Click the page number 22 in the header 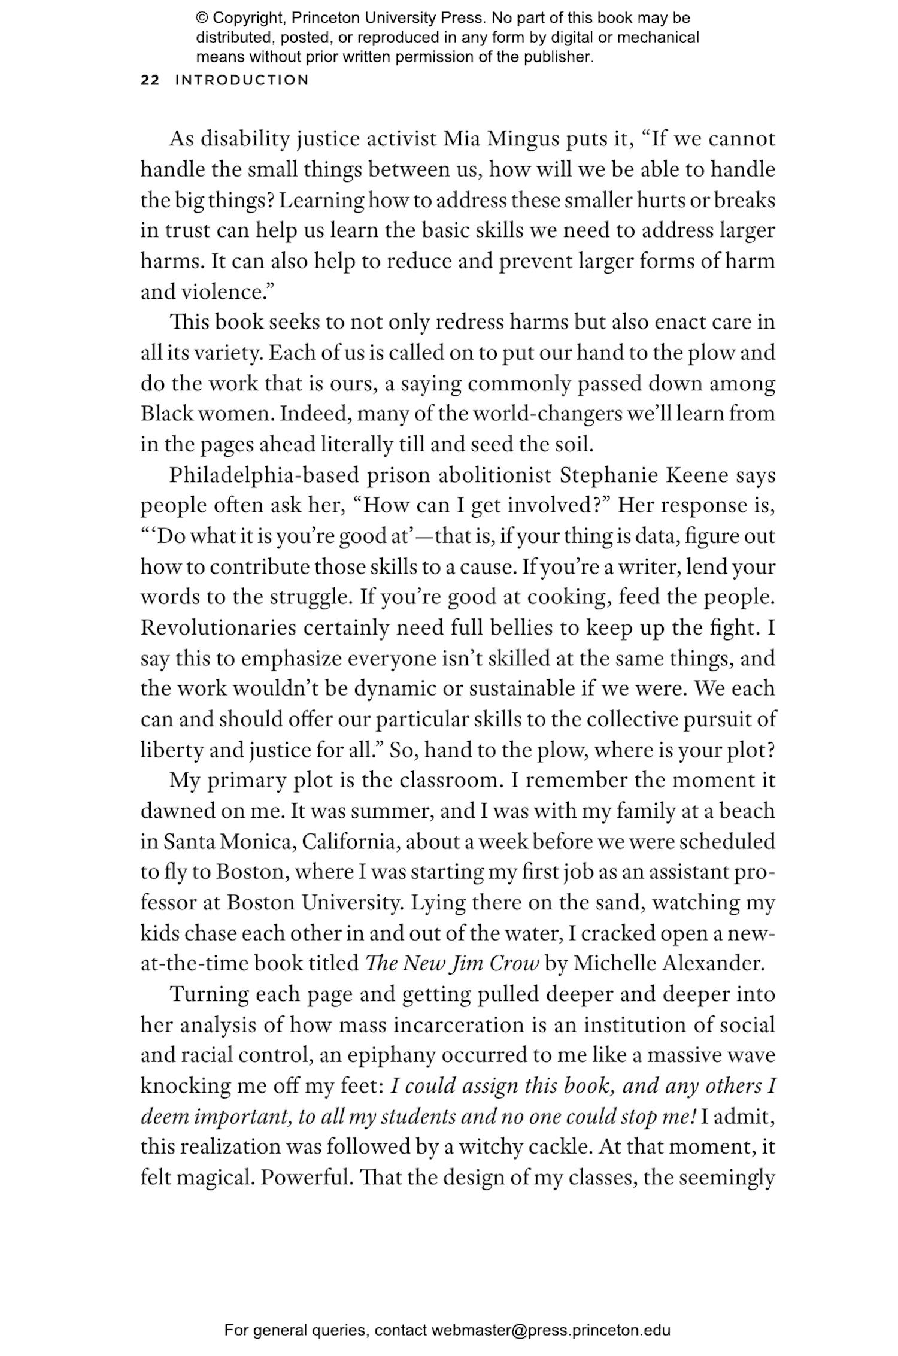tap(150, 80)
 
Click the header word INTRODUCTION tap(242, 80)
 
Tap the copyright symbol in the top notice tap(201, 18)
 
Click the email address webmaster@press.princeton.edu tap(550, 1330)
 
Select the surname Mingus tap(523, 139)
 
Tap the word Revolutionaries tap(219, 627)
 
